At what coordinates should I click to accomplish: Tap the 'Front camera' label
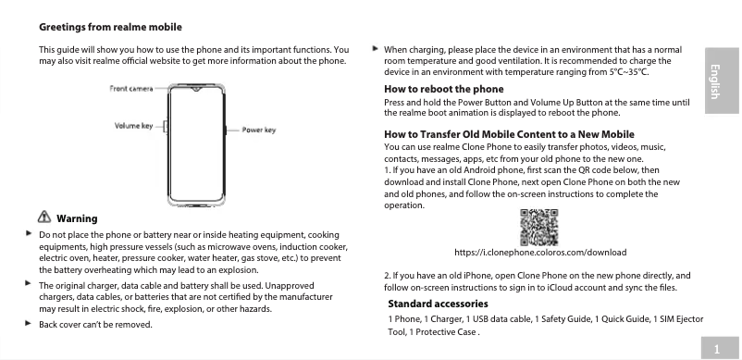131,88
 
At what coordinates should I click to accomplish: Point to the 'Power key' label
259,130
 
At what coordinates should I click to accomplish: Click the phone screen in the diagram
195,143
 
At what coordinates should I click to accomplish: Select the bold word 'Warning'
77,218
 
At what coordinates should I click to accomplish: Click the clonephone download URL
541,252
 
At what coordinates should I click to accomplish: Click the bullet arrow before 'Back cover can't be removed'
29,324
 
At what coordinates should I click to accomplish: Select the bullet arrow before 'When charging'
374,47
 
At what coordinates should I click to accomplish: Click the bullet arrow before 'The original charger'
29,285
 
